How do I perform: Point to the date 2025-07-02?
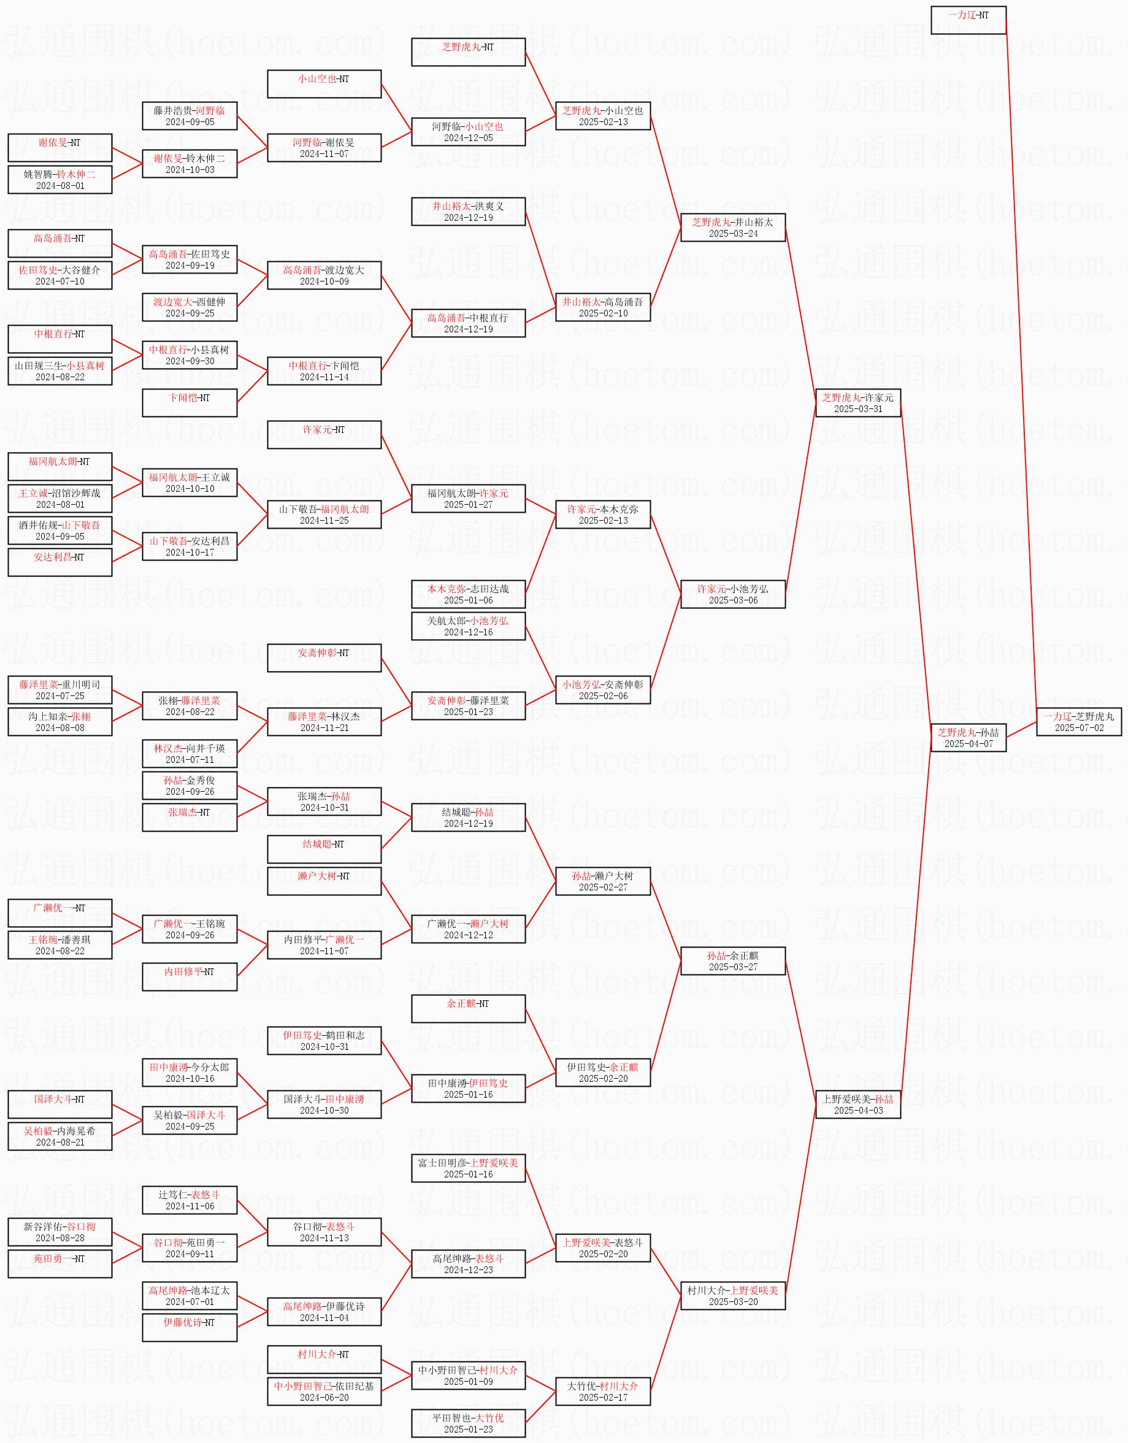[x=1078, y=727]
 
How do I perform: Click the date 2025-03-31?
[x=858, y=409]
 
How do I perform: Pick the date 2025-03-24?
[x=733, y=234]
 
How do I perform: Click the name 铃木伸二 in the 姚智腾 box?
[x=76, y=174]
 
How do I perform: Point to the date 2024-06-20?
[x=324, y=1398]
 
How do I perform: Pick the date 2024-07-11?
[x=190, y=760]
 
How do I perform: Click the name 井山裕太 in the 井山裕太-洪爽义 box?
[x=452, y=206]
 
